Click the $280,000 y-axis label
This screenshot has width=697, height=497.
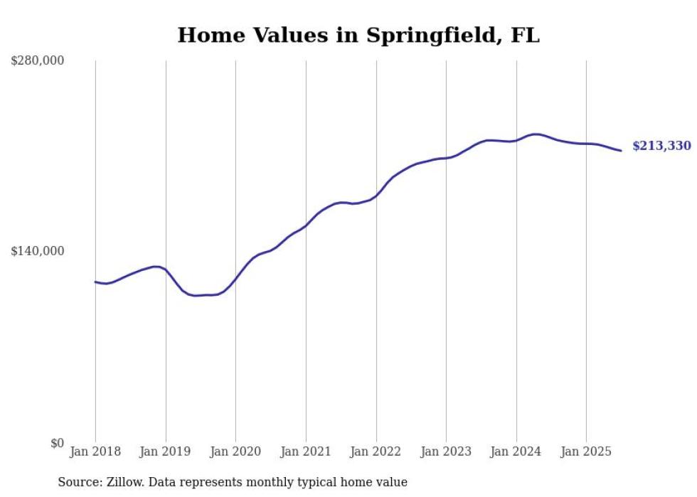[37, 61]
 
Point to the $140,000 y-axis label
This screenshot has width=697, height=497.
[37, 251]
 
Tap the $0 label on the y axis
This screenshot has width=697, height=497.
[57, 444]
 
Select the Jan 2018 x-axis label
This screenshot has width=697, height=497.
[95, 451]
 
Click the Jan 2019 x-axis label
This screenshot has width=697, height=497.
[166, 451]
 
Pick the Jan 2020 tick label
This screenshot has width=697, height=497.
[235, 451]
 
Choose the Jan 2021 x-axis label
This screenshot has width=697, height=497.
[306, 451]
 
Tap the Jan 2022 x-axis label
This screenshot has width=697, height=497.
[376, 451]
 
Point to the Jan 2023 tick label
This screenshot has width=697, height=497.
[446, 451]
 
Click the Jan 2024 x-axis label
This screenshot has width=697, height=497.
[516, 451]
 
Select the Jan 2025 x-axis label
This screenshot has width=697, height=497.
[586, 451]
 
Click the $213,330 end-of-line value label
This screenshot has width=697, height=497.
[661, 146]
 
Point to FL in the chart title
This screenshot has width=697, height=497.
[525, 35]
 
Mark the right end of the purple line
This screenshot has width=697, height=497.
[621, 150]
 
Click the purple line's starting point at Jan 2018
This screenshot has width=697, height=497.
[95, 282]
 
